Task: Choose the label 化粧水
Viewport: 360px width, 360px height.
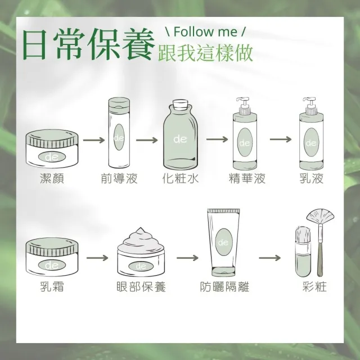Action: [180, 178]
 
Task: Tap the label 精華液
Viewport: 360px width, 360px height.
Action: [246, 178]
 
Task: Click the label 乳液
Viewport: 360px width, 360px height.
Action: [312, 178]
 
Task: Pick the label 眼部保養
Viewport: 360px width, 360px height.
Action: [140, 287]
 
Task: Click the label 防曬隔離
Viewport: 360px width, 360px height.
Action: [224, 287]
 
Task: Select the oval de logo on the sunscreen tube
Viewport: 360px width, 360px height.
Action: [224, 240]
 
